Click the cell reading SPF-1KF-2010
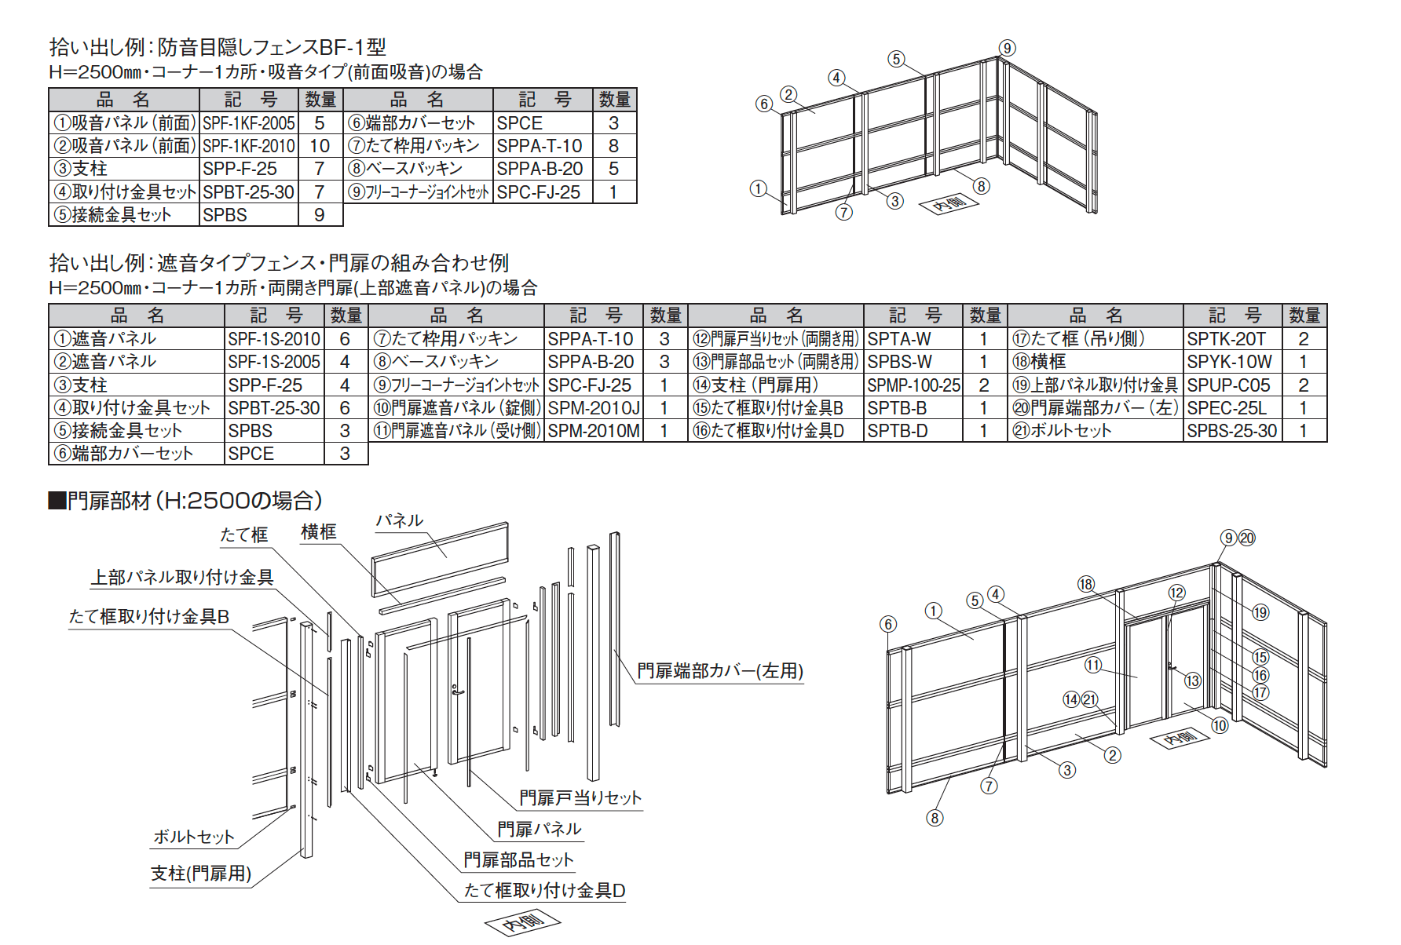tap(248, 146)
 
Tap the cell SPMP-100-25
tap(913, 385)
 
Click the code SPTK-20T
tap(1226, 339)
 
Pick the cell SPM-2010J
tap(593, 408)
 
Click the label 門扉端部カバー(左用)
tap(719, 671)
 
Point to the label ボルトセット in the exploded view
tap(193, 837)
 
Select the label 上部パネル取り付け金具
tap(182, 578)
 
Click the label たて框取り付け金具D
tap(543, 891)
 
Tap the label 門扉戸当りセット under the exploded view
tap(580, 798)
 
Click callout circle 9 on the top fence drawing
tap(1007, 48)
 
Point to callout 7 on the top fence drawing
tap(843, 212)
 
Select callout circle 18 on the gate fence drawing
tap(1085, 584)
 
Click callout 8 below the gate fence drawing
tap(934, 818)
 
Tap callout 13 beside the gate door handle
tap(1192, 680)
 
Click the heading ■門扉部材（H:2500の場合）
tap(185, 501)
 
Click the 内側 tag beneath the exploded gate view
tap(524, 922)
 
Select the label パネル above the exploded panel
tap(399, 520)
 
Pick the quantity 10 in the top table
tap(320, 146)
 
